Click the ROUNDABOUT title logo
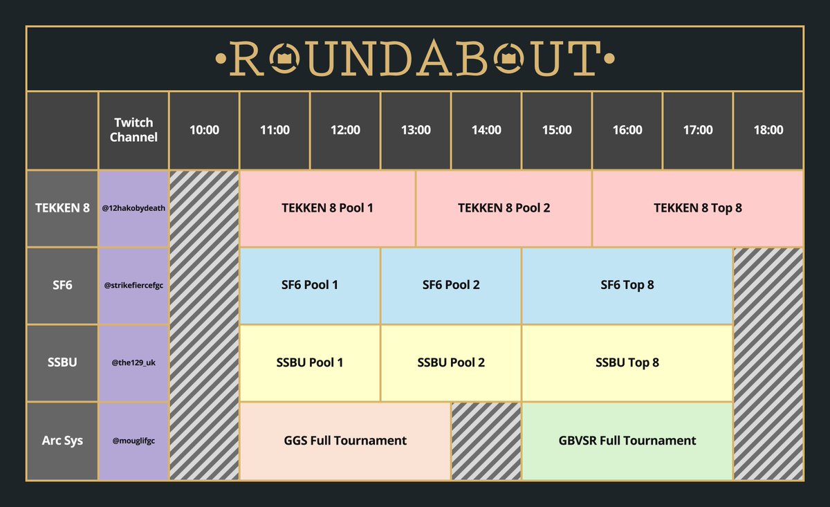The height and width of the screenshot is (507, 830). [x=415, y=58]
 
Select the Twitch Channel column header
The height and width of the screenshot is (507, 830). [x=133, y=130]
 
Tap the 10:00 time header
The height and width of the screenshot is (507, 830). [x=204, y=130]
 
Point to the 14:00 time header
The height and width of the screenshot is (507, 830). [x=486, y=130]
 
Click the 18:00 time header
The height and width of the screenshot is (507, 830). [x=768, y=130]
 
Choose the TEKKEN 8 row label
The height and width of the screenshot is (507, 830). [x=62, y=208]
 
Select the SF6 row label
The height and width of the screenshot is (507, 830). [x=62, y=286]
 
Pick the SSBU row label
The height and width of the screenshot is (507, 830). [x=62, y=363]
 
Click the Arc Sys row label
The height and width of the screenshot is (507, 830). [x=62, y=441]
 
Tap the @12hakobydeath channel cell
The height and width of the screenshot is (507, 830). [x=133, y=208]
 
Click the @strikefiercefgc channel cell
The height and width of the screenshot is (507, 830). [x=133, y=286]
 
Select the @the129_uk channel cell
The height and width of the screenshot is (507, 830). [x=133, y=363]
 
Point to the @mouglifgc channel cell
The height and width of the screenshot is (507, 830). [x=133, y=441]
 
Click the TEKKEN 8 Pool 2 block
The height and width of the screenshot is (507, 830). [x=504, y=208]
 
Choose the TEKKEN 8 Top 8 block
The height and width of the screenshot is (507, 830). [x=697, y=208]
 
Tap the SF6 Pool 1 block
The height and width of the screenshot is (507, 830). [x=310, y=285]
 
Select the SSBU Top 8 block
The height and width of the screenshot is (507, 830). [x=627, y=363]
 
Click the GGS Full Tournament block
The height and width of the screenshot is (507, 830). [x=345, y=441]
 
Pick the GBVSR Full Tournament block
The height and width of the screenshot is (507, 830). [x=627, y=441]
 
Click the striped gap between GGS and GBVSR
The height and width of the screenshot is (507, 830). [x=486, y=441]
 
